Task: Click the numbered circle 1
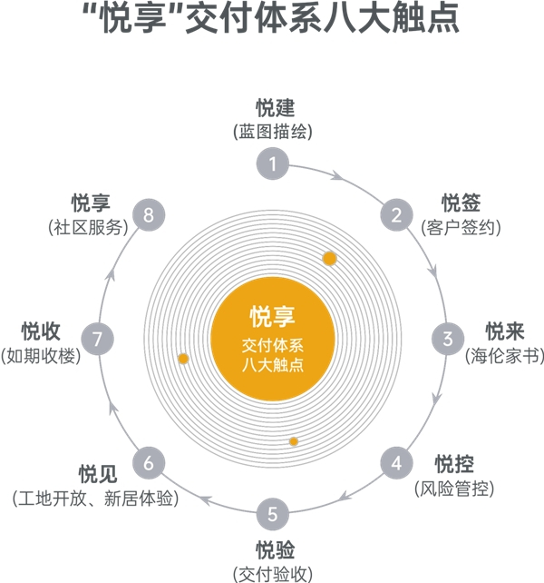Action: pyautogui.click(x=273, y=164)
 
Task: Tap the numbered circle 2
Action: pyautogui.click(x=396, y=215)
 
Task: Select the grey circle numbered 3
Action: pyautogui.click(x=447, y=340)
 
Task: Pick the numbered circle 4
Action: pyautogui.click(x=396, y=463)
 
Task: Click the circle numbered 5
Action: pyautogui.click(x=273, y=515)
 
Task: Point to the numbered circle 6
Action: pyautogui.click(x=149, y=463)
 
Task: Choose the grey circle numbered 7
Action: pyautogui.click(x=98, y=340)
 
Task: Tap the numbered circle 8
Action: pyautogui.click(x=149, y=215)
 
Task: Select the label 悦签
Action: pyautogui.click(x=460, y=202)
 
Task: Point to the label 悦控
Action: pyautogui.click(x=454, y=465)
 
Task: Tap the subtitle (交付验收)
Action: pyautogui.click(x=273, y=573)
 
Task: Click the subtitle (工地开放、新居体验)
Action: pyautogui.click(x=94, y=499)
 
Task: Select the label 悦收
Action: pyautogui.click(x=42, y=330)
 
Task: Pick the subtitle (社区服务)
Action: pyautogui.click(x=83, y=228)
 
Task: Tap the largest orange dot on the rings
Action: pyautogui.click(x=330, y=259)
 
